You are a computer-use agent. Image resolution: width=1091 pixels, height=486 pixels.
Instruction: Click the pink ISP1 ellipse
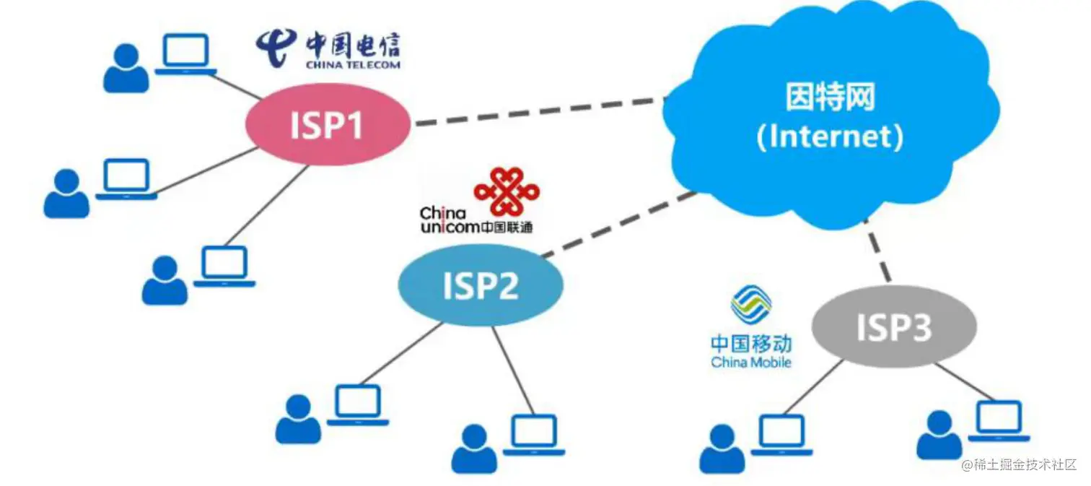click(x=327, y=125)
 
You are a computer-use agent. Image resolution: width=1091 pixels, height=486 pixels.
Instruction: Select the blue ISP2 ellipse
click(x=481, y=286)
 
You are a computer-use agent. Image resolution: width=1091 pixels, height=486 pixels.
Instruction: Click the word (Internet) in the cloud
click(x=830, y=136)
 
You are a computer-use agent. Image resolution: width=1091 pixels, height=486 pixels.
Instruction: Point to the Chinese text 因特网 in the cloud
click(x=830, y=97)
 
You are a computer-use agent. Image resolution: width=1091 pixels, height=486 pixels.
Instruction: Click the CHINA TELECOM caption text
click(x=353, y=64)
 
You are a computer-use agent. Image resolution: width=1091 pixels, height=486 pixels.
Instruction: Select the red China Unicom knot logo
click(x=507, y=191)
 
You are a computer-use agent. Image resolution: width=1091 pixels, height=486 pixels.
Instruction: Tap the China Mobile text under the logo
click(x=751, y=362)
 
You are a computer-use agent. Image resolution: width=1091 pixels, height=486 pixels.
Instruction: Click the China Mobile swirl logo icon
click(x=750, y=304)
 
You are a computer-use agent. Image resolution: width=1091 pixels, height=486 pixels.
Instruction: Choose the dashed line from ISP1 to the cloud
click(x=538, y=112)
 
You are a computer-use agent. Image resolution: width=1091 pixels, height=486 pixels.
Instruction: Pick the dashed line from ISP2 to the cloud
click(x=621, y=224)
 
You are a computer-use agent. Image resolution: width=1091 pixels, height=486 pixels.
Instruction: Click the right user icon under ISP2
click(x=474, y=448)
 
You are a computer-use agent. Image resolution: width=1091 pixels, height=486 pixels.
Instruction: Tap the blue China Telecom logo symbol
click(x=276, y=48)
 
